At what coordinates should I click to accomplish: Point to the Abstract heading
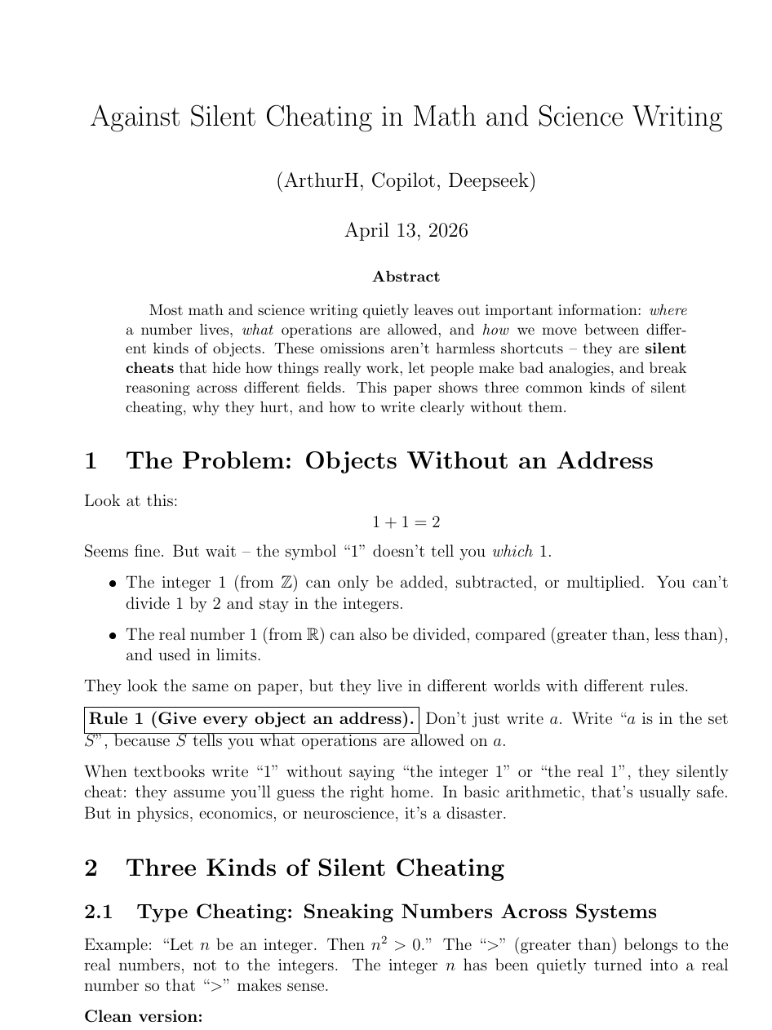(x=406, y=277)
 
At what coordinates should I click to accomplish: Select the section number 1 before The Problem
(x=91, y=461)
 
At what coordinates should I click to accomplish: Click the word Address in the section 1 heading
(x=605, y=461)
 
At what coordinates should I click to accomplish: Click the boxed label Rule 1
(x=252, y=720)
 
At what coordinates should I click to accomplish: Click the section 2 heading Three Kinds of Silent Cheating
(x=315, y=868)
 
